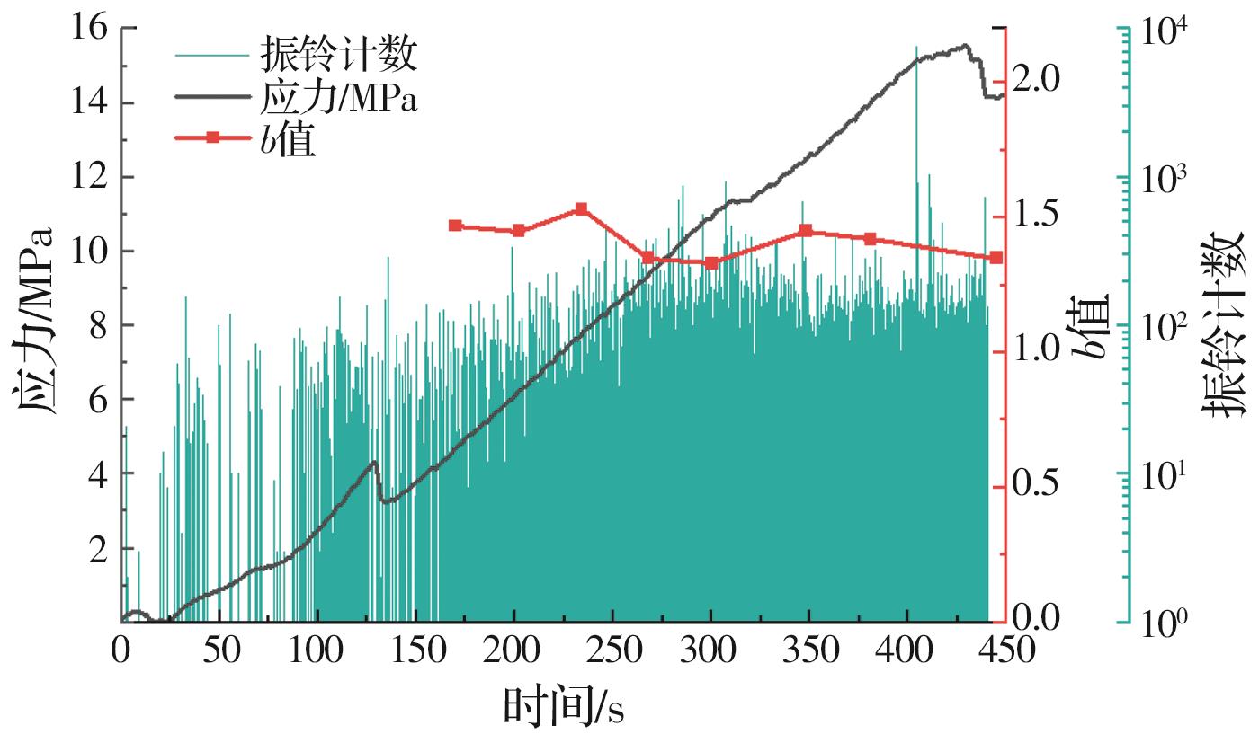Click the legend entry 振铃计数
pyautogui.click(x=338, y=55)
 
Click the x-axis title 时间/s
pyautogui.click(x=563, y=706)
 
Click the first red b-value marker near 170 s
pyautogui.click(x=455, y=226)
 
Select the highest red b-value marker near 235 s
pyautogui.click(x=581, y=208)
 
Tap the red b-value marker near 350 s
pyautogui.click(x=806, y=231)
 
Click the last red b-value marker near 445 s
pyautogui.click(x=996, y=258)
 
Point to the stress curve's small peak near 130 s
pyautogui.click(x=373, y=462)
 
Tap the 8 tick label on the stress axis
pyautogui.click(x=96, y=326)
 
